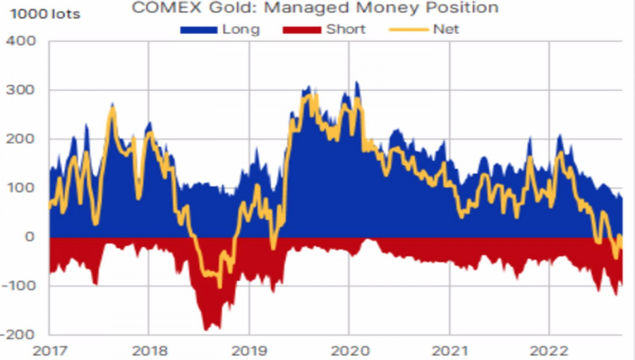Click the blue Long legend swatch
tap(199, 30)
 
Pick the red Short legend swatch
tap(303, 30)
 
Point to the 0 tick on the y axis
tap(30, 237)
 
